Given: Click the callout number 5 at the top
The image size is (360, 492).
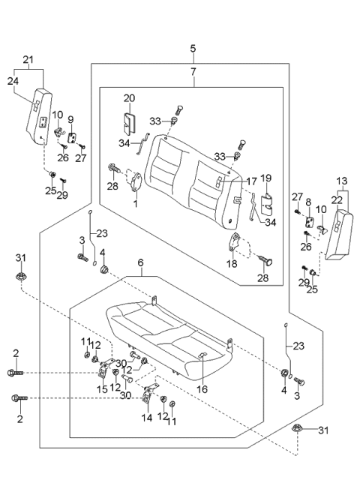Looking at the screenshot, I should point(192,49).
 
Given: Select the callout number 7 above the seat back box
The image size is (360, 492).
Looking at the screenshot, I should point(192,72).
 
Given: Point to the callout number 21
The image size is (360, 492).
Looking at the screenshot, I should point(28,59).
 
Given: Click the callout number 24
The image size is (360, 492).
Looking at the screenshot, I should point(13,82).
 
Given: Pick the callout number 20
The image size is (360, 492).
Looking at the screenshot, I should point(128,99).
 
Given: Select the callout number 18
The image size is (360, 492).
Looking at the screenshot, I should point(232,265).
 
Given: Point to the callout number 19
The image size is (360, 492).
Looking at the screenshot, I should point(265,178).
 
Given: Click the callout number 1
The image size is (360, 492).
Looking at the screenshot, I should point(135,203).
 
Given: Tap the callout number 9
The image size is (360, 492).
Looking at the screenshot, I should point(71,119).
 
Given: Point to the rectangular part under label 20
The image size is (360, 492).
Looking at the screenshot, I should point(130,124).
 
